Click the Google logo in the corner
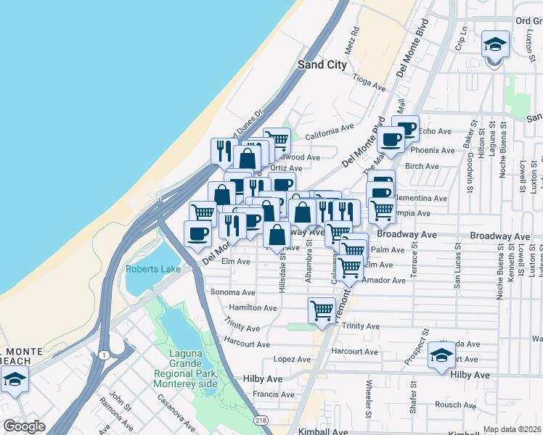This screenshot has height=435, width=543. tap(24, 427)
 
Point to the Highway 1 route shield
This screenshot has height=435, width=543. tap(106, 354)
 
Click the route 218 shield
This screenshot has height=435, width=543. tap(259, 420)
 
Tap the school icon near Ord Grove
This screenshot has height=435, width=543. tap(494, 46)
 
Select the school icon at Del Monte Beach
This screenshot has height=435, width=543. tap(14, 379)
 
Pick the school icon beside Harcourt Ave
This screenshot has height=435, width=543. tap(441, 355)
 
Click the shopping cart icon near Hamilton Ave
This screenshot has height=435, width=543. tap(322, 310)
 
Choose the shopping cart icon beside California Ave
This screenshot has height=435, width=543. tap(277, 138)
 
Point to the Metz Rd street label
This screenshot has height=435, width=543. tap(354, 41)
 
